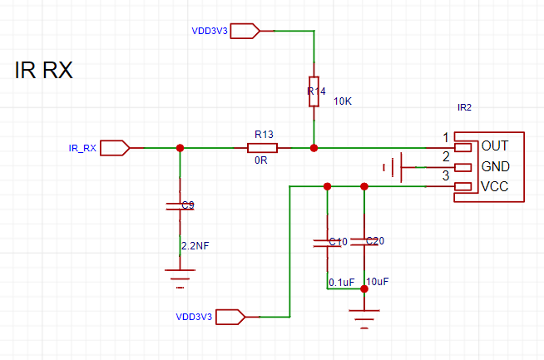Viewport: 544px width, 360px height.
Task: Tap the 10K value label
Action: point(343,101)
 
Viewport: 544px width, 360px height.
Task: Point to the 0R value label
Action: point(261,161)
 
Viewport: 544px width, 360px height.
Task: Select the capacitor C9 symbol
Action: point(180,205)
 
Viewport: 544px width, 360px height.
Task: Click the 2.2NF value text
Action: point(195,245)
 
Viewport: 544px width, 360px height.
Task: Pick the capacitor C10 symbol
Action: point(327,242)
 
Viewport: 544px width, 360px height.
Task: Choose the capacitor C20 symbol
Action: point(363,241)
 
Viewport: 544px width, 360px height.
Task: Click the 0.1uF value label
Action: point(342,283)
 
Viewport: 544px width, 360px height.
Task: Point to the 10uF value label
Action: point(377,283)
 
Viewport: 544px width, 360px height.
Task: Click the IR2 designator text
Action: point(465,107)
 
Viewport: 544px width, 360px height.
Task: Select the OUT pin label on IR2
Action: point(495,145)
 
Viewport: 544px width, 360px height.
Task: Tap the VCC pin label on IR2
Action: point(495,186)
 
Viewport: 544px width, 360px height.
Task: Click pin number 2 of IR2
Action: point(446,155)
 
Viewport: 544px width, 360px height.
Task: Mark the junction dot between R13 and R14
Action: point(314,148)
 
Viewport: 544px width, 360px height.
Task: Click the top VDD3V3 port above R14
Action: point(244,32)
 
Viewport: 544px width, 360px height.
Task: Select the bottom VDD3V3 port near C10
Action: point(230,316)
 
